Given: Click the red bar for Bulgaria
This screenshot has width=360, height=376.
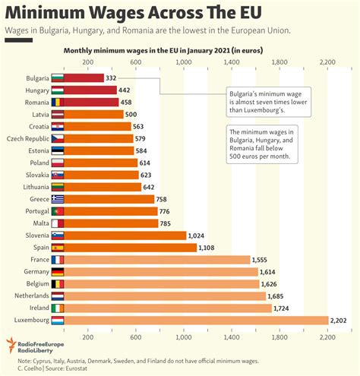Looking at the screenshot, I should [x=84, y=77].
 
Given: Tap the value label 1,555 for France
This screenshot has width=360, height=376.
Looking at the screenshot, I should [x=265, y=260].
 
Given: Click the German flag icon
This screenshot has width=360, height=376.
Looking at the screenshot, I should [x=58, y=271].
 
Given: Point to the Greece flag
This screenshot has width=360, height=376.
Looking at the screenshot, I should [x=58, y=199].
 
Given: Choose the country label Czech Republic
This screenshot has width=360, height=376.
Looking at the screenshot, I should [x=27, y=138].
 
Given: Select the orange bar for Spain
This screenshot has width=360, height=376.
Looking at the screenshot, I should [x=130, y=248].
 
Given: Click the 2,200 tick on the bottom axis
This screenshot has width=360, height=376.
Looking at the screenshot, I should [x=327, y=337].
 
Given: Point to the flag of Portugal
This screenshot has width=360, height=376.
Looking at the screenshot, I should [x=58, y=211].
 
